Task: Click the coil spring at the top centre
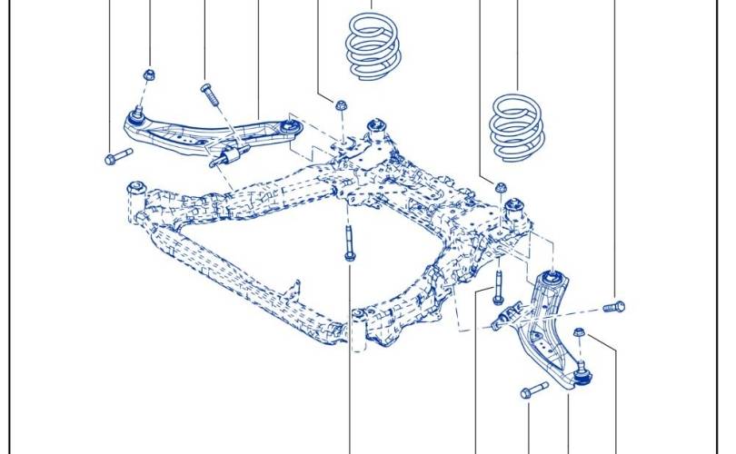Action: [374, 45]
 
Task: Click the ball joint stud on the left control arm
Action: [136, 113]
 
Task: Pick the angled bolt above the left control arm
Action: [208, 94]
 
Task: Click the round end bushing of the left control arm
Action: [290, 126]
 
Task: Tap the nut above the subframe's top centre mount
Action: [342, 104]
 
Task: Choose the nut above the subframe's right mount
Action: [500, 188]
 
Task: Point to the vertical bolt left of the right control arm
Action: [498, 287]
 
